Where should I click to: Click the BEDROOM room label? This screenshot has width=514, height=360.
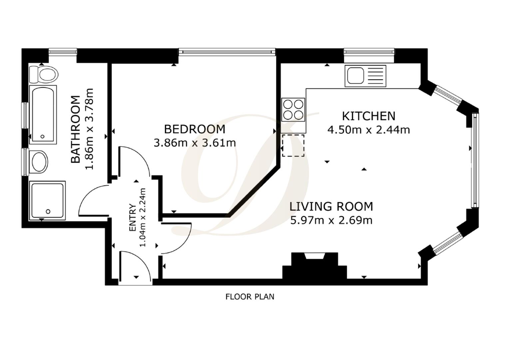[x=195, y=129]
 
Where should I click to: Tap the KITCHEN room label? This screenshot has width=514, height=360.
[x=369, y=116]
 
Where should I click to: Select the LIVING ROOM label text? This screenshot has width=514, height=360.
[x=331, y=206]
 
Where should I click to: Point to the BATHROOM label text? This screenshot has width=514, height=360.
[x=76, y=129]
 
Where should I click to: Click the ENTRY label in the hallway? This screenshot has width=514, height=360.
[x=133, y=217]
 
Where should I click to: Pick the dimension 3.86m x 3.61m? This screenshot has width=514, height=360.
[x=195, y=143]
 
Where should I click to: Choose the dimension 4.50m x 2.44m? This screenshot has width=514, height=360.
[x=368, y=130]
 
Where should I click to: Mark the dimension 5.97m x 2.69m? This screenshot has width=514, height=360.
[x=331, y=220]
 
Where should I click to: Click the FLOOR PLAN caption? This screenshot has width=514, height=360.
[x=250, y=297]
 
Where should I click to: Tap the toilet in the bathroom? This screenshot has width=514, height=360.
[x=44, y=74]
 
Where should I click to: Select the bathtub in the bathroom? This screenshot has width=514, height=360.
[x=43, y=115]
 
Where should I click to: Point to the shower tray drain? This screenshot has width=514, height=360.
[x=48, y=211]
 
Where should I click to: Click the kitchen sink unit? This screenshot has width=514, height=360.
[x=365, y=76]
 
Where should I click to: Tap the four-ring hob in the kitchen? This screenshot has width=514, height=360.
[x=293, y=110]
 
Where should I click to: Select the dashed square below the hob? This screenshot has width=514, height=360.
[x=293, y=146]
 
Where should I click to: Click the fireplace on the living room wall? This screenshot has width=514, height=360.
[x=314, y=266]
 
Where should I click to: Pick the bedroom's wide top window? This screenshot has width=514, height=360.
[x=227, y=52]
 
